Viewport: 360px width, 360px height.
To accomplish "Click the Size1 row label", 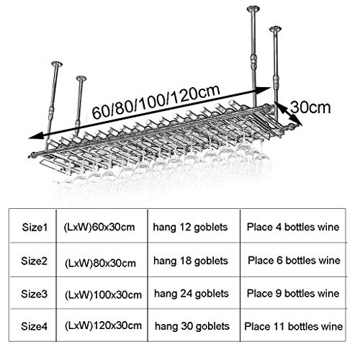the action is (x=35, y=227).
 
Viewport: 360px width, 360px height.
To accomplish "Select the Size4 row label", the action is (x=35, y=326).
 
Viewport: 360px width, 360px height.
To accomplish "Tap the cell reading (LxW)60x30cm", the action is (x=99, y=227).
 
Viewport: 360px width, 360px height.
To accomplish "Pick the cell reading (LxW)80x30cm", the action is (x=100, y=263).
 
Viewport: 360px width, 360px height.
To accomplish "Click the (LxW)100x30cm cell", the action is (x=103, y=294).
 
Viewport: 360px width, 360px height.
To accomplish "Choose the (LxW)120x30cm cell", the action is (x=103, y=325).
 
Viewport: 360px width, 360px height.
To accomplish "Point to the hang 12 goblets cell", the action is (x=190, y=228).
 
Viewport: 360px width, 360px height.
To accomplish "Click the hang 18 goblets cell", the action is (x=191, y=261).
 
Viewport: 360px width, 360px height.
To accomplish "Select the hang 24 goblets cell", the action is (x=192, y=294).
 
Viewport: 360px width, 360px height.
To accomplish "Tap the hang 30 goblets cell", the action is (x=192, y=326).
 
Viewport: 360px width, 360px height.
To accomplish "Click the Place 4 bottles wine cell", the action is (x=293, y=227).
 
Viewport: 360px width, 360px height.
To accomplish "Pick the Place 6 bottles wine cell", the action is (x=294, y=261).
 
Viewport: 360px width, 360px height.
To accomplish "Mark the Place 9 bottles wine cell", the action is (x=293, y=293).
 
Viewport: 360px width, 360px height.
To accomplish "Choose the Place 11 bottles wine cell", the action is (x=294, y=326).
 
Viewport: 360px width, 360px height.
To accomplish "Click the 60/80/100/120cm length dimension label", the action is (x=156, y=102).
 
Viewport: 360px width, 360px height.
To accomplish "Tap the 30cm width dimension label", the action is (x=310, y=107).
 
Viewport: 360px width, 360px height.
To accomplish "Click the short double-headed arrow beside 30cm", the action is (x=288, y=114).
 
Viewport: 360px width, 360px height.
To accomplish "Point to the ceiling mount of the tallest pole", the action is (x=253, y=9).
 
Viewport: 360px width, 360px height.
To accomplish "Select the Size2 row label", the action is (x=34, y=261).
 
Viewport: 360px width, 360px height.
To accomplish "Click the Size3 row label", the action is (x=34, y=294).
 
